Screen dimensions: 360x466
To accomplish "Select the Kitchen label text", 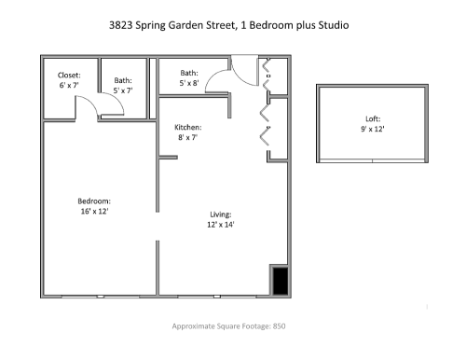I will (188, 127).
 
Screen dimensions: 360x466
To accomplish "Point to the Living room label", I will (220, 214).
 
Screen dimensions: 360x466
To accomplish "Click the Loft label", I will (373, 118).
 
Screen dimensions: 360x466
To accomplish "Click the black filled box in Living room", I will (279, 279).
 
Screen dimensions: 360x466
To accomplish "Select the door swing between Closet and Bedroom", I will (91, 111).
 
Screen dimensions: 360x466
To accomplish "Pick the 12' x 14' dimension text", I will (220, 224).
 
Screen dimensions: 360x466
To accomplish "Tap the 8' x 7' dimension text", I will (188, 137).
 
